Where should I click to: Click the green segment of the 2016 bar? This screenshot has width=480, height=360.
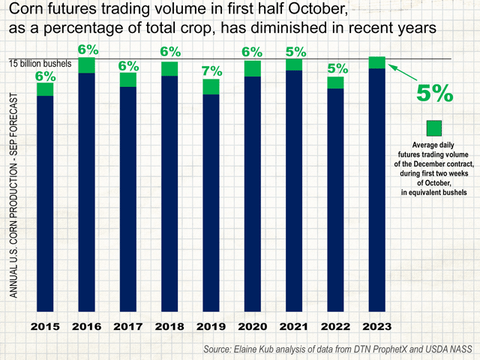click(x=86, y=65)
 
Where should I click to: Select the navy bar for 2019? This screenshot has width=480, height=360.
click(x=211, y=202)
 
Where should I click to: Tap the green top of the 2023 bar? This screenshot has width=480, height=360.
click(x=377, y=62)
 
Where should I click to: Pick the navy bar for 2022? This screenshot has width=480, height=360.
click(x=335, y=199)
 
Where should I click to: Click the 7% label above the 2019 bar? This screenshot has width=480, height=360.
click(x=211, y=71)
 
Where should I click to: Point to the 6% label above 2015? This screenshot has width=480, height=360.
click(x=45, y=76)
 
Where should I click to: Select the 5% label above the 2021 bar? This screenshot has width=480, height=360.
click(x=294, y=52)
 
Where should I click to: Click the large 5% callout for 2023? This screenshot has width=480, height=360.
click(x=434, y=94)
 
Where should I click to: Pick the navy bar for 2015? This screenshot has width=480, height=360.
click(x=45, y=203)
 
